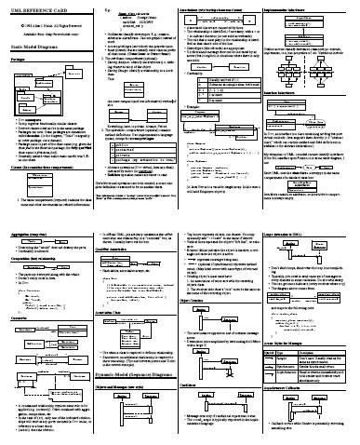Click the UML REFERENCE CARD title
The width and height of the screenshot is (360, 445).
tap(38, 7)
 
